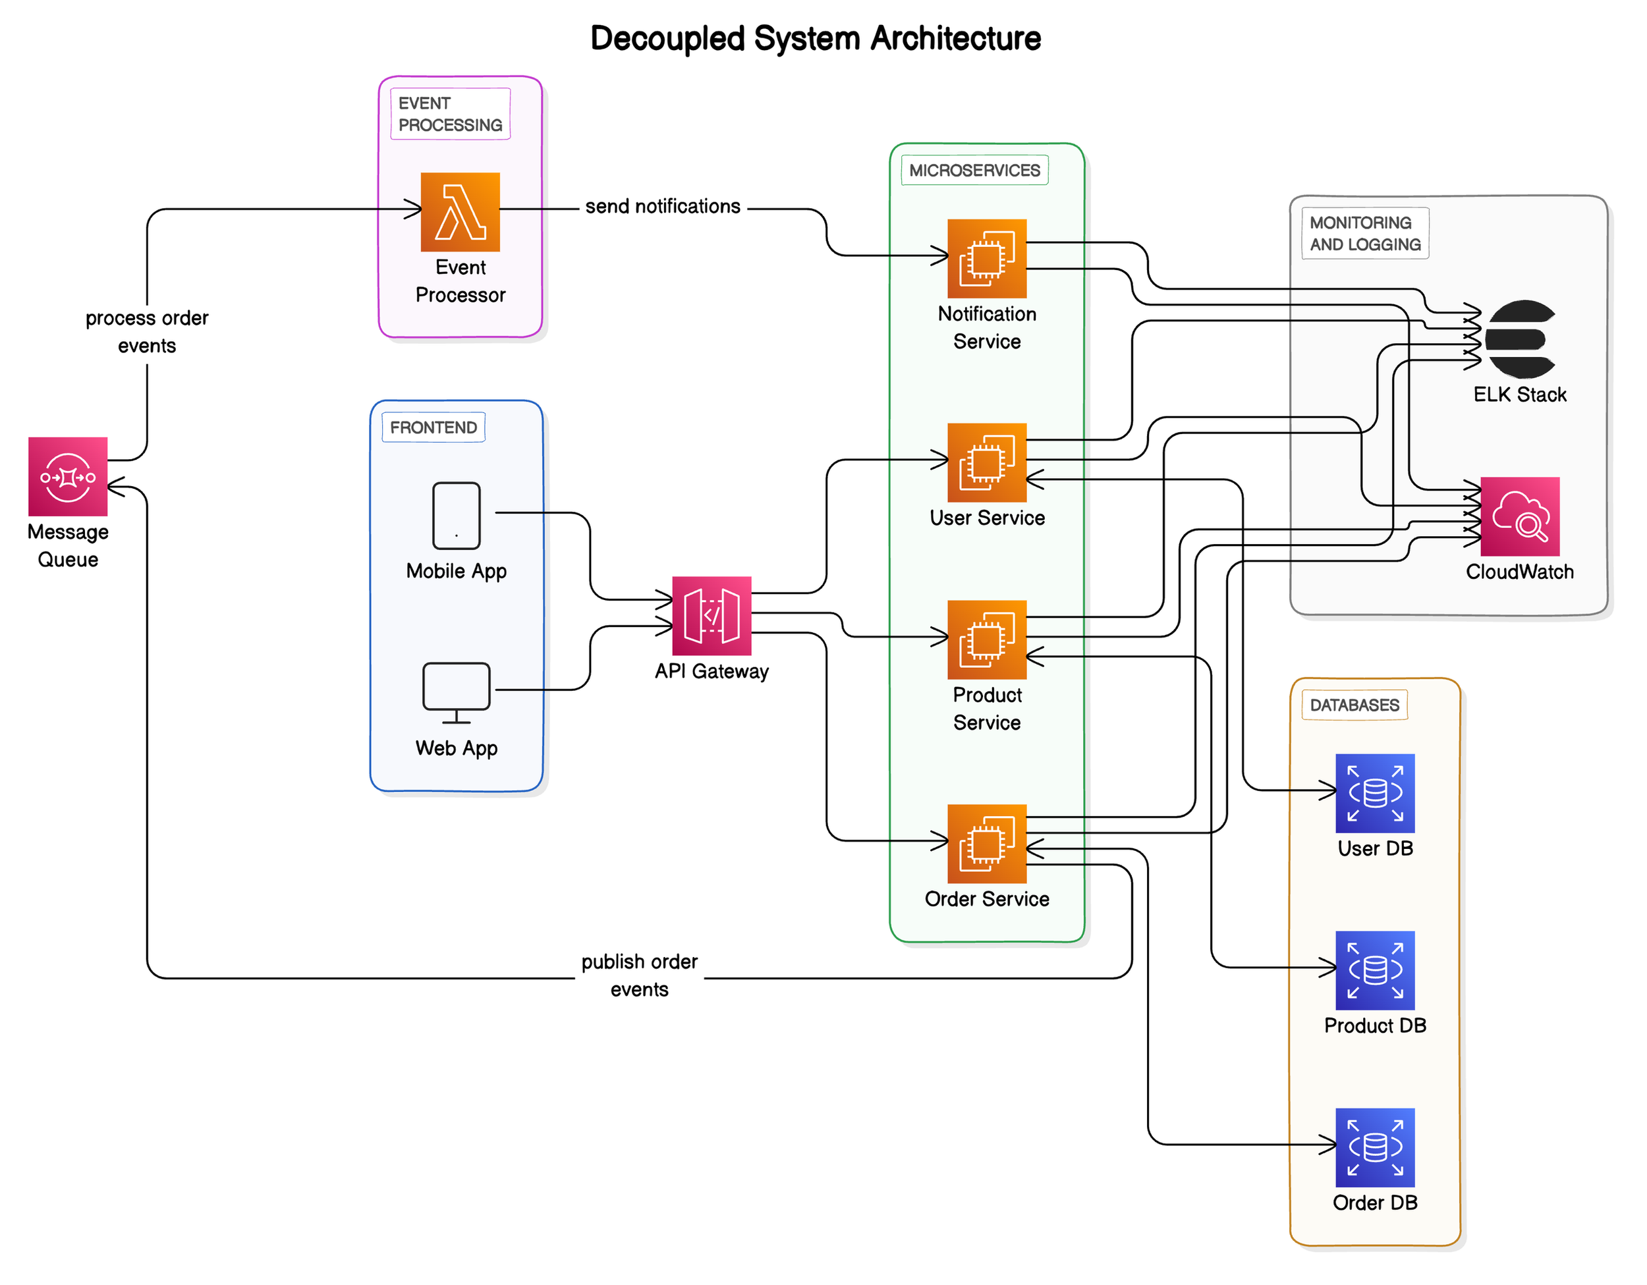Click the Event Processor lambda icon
(460, 212)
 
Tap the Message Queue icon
(68, 477)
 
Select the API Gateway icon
(711, 615)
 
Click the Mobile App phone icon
(457, 515)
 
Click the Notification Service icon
(986, 258)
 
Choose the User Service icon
(986, 462)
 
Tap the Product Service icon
(986, 640)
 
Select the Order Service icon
(986, 843)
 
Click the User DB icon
(1374, 793)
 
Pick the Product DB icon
(1374, 971)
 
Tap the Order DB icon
(1374, 1147)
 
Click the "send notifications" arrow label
(662, 207)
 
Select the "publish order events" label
(639, 975)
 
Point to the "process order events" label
(147, 332)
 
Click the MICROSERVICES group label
(974, 171)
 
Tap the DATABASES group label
(1354, 705)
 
